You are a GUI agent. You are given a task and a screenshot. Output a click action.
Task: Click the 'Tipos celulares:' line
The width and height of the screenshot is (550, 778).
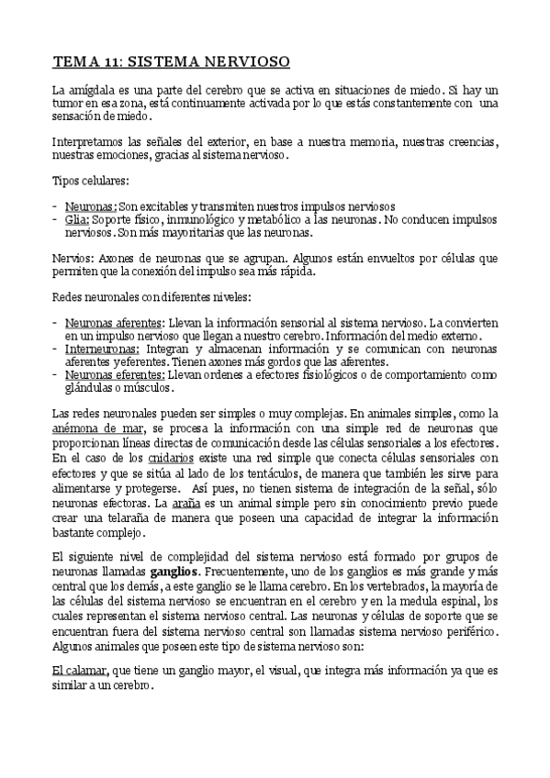click(90, 181)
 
